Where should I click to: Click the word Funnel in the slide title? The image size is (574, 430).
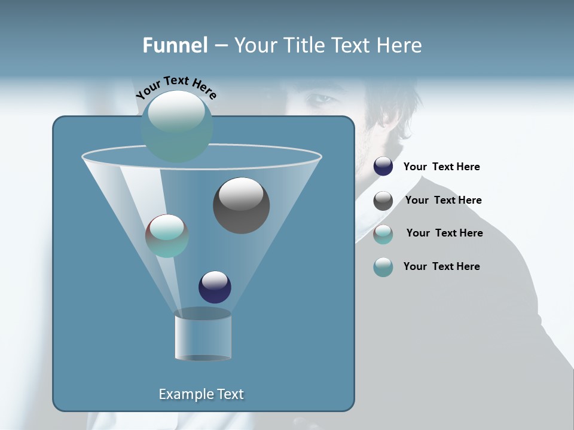pyautogui.click(x=175, y=45)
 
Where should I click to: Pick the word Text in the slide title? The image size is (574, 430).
pyautogui.click(x=352, y=45)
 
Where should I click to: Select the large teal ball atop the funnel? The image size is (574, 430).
pyautogui.click(x=177, y=127)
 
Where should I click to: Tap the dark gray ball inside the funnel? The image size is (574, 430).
pyautogui.click(x=241, y=205)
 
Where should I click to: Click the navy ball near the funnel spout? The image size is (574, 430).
pyautogui.click(x=215, y=287)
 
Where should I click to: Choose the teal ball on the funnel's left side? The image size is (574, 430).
pyautogui.click(x=167, y=236)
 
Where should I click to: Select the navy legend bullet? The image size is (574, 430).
pyautogui.click(x=383, y=167)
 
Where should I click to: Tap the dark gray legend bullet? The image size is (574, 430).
pyautogui.click(x=383, y=201)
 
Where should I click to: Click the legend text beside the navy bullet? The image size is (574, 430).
pyautogui.click(x=441, y=167)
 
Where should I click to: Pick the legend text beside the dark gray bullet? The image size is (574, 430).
pyautogui.click(x=443, y=200)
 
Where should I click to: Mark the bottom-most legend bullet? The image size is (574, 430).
pyautogui.click(x=383, y=267)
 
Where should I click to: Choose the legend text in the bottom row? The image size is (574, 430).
pyautogui.click(x=441, y=266)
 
